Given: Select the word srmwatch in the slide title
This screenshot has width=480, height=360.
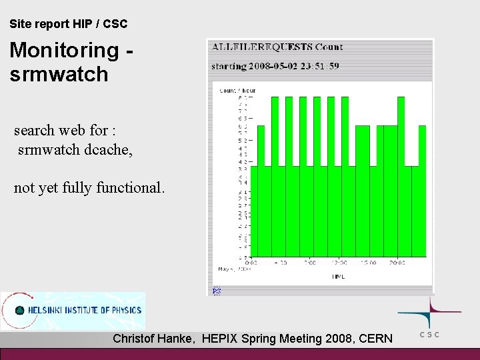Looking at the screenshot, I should (x=59, y=74).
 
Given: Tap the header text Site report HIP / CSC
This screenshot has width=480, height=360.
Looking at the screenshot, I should (x=69, y=24).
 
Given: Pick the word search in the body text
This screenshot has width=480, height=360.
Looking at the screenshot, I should (x=37, y=129).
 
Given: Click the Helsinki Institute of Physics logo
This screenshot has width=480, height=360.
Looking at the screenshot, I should (x=73, y=310).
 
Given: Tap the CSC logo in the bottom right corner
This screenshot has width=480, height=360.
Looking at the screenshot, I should (x=429, y=317).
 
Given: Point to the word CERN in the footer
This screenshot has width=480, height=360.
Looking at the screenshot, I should (x=375, y=339).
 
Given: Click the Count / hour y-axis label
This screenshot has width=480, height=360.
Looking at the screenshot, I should (x=237, y=90).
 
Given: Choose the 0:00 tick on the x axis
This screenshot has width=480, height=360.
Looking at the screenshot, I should (x=251, y=263).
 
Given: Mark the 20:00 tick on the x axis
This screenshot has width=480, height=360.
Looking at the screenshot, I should (x=397, y=263).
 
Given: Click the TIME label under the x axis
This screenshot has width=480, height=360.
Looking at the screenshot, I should (x=339, y=275).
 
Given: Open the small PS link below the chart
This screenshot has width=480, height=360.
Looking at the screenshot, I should (x=216, y=291).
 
